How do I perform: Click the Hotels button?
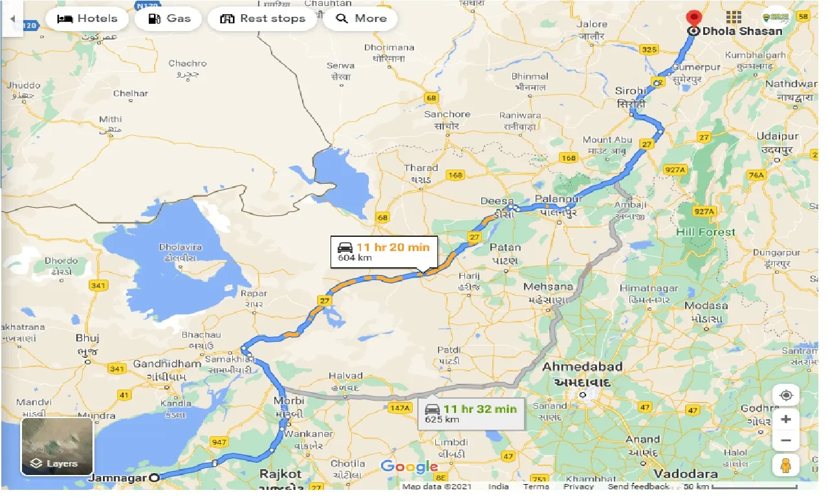87,19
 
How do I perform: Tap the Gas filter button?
169,19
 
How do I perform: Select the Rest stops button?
262,19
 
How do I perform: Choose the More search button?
361,19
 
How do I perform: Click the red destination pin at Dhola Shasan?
694,20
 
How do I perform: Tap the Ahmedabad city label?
582,367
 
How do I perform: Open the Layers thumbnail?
57,446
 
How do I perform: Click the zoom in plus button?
786,419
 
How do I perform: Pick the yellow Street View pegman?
786,465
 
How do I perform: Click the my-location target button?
786,395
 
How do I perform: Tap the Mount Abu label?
606,140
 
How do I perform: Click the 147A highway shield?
400,408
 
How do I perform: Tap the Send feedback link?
638,487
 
